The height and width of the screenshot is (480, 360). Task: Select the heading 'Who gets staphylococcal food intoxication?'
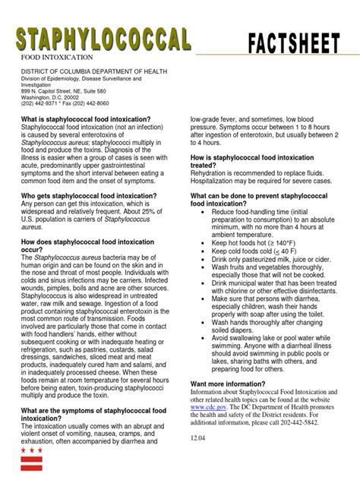coord(89,196)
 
